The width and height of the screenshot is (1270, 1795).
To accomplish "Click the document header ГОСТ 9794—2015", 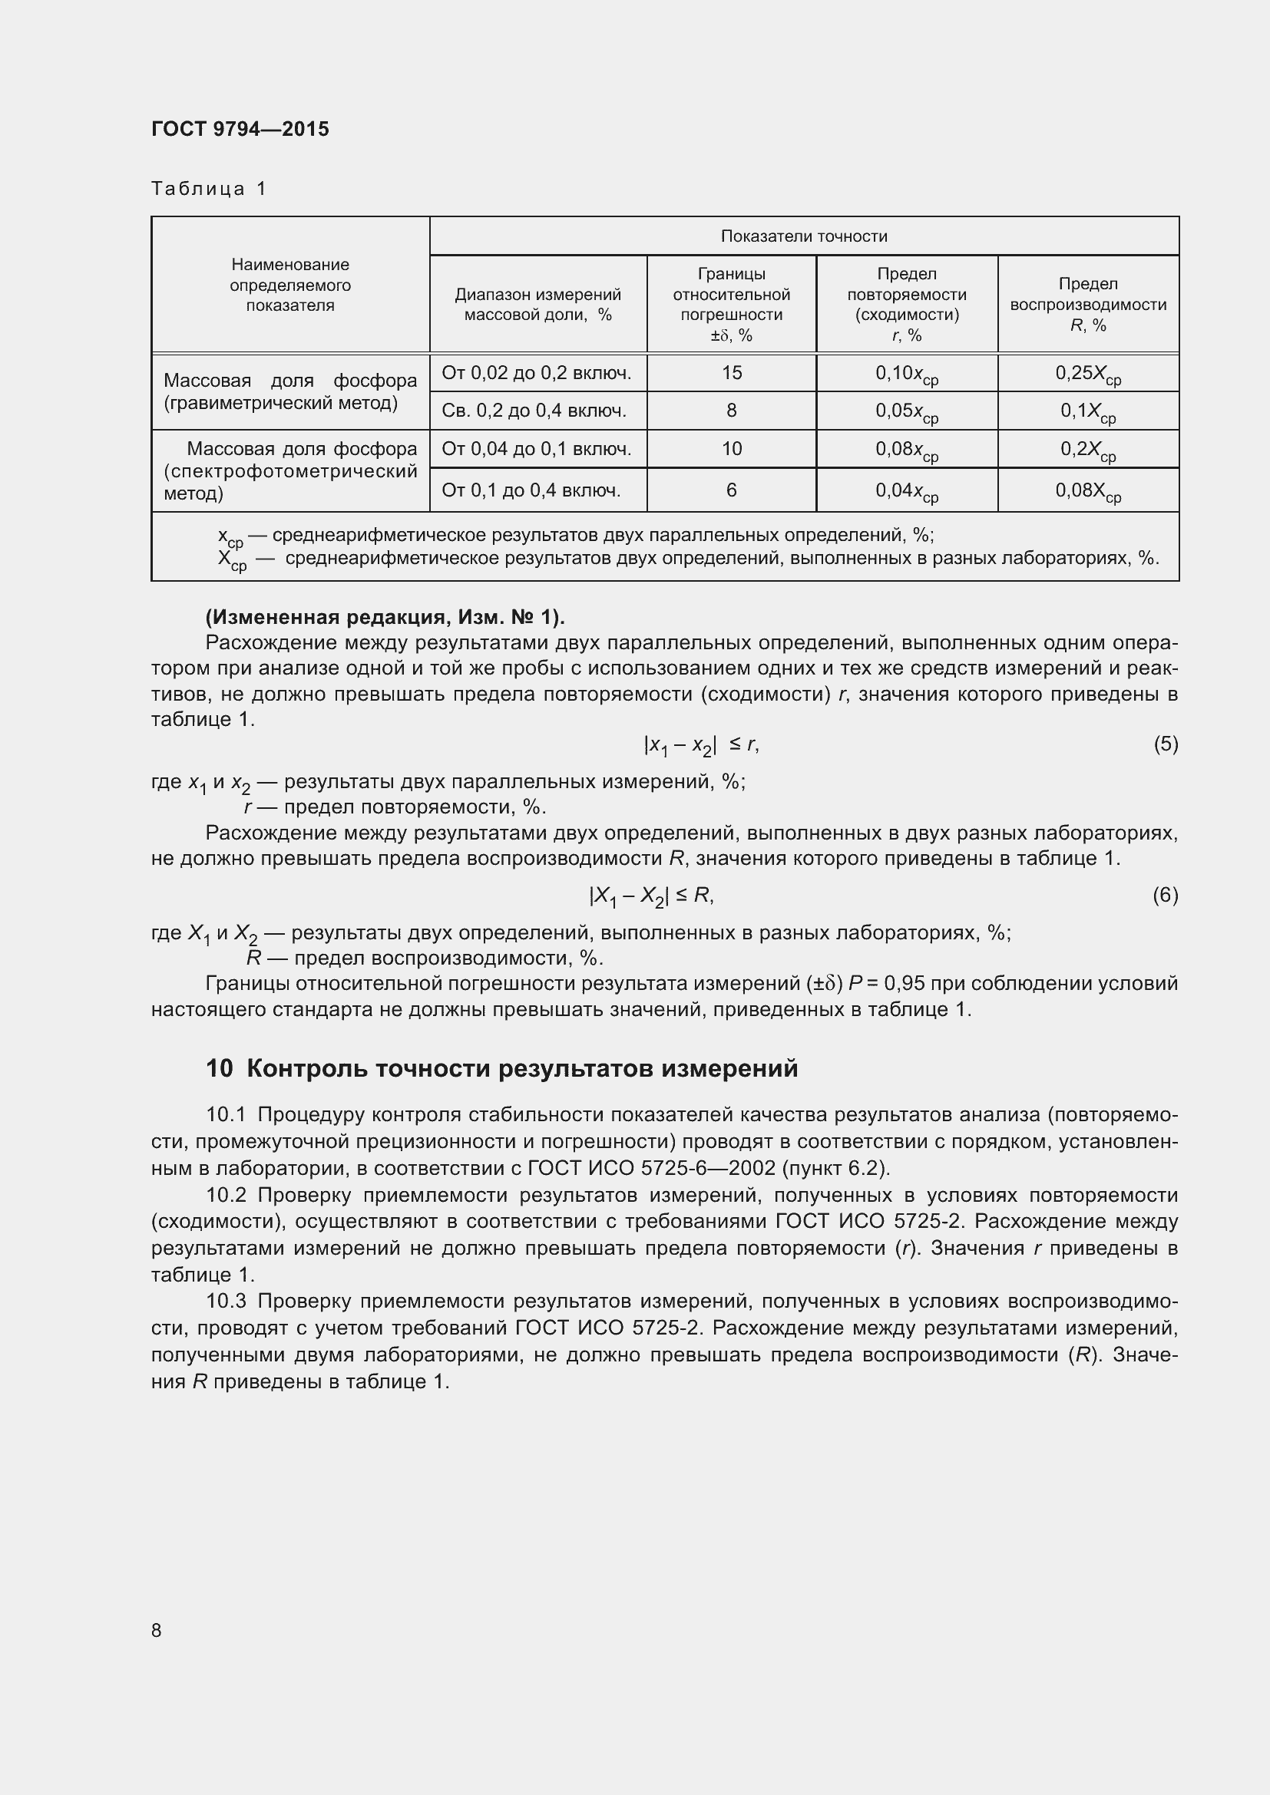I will click(240, 129).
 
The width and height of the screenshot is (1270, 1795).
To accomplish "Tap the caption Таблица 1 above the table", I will click(209, 189).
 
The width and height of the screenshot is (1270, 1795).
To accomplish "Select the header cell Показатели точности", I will click(803, 236).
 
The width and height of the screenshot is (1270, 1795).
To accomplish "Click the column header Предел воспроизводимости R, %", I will click(1088, 304).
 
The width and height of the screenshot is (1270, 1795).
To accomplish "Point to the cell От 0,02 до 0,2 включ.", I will click(537, 373).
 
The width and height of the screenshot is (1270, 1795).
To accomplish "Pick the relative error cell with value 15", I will click(731, 373).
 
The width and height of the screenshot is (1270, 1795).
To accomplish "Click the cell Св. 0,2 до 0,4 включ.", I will click(534, 411).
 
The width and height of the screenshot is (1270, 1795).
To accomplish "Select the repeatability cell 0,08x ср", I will click(906, 450).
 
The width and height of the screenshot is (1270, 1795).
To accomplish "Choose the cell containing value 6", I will click(731, 490).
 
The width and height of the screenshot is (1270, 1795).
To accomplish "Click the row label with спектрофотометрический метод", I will click(290, 471).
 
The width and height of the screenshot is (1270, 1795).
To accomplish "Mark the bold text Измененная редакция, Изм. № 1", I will click(385, 618).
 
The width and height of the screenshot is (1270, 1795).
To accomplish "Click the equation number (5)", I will click(1166, 744).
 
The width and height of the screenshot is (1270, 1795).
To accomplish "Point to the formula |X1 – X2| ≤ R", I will click(650, 895).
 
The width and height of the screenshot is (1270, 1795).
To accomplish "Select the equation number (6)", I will click(1166, 894).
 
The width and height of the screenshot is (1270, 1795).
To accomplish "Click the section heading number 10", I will click(219, 1068).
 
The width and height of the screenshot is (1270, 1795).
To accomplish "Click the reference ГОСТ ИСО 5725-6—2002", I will click(651, 1168).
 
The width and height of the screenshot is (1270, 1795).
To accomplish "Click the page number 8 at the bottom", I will click(157, 1630).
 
